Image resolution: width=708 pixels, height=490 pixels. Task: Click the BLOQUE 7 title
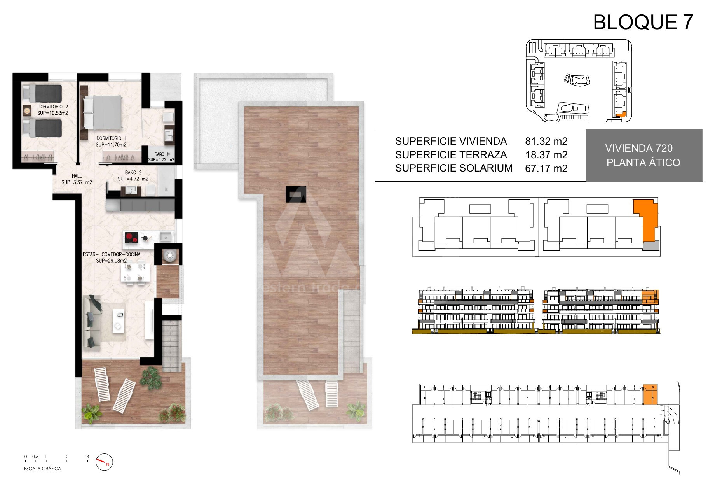pos(643,22)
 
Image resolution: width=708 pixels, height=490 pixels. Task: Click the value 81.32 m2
pos(546,141)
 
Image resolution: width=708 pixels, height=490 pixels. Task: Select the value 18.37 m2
pos(546,155)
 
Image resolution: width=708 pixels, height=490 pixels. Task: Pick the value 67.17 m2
pos(546,168)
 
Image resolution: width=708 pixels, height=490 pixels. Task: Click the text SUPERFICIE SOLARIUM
pos(454,168)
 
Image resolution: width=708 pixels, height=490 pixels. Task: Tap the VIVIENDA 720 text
pos(639,148)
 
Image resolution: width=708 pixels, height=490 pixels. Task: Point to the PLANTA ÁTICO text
pos(643,162)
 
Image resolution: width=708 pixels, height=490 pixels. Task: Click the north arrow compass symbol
pos(104,462)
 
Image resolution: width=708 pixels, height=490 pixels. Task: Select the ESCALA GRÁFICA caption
pos(43,469)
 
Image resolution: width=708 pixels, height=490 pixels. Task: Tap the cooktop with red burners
pos(131,237)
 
